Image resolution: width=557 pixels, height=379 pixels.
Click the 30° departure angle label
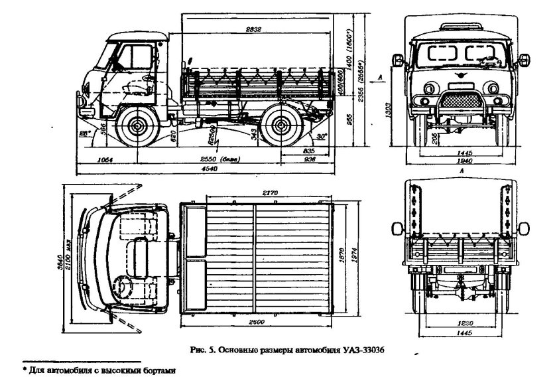click(322, 137)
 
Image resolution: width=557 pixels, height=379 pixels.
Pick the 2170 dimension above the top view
click(269, 192)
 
